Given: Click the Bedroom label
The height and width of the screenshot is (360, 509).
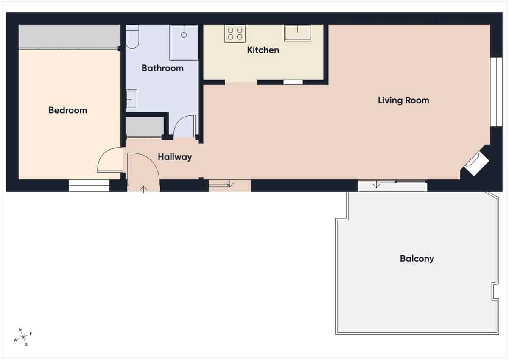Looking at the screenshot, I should tap(67, 110).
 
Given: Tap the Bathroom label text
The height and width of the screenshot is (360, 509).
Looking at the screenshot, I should tap(162, 68).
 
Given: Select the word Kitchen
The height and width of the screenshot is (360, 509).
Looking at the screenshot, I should tap(263, 50).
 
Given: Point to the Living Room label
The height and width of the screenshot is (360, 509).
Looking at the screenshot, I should tap(403, 100).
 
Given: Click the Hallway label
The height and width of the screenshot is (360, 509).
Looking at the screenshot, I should tap(175, 157).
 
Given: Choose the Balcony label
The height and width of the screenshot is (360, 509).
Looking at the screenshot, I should tap(417, 258).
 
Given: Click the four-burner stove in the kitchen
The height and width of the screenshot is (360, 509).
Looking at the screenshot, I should tap(235, 34).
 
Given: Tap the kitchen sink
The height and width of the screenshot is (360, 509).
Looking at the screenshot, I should tap(297, 33).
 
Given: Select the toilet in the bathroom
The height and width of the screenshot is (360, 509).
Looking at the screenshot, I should tap(132, 37).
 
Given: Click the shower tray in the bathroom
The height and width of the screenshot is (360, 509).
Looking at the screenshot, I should tap(184, 42).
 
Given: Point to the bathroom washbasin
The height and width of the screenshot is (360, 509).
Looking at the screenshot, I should tap(131, 99).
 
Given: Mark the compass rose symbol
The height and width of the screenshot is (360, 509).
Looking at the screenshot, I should tap(23, 337).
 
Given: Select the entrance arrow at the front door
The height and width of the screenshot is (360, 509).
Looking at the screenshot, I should tap(144, 189).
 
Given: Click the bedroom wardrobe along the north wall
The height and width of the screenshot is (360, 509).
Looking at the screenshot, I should tap(69, 36).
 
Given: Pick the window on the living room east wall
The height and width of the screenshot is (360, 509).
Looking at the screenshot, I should tap(493, 92).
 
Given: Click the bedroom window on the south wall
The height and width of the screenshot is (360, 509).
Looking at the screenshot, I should tap(89, 185).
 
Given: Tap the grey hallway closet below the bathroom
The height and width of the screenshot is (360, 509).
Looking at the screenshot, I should tap(145, 128).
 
